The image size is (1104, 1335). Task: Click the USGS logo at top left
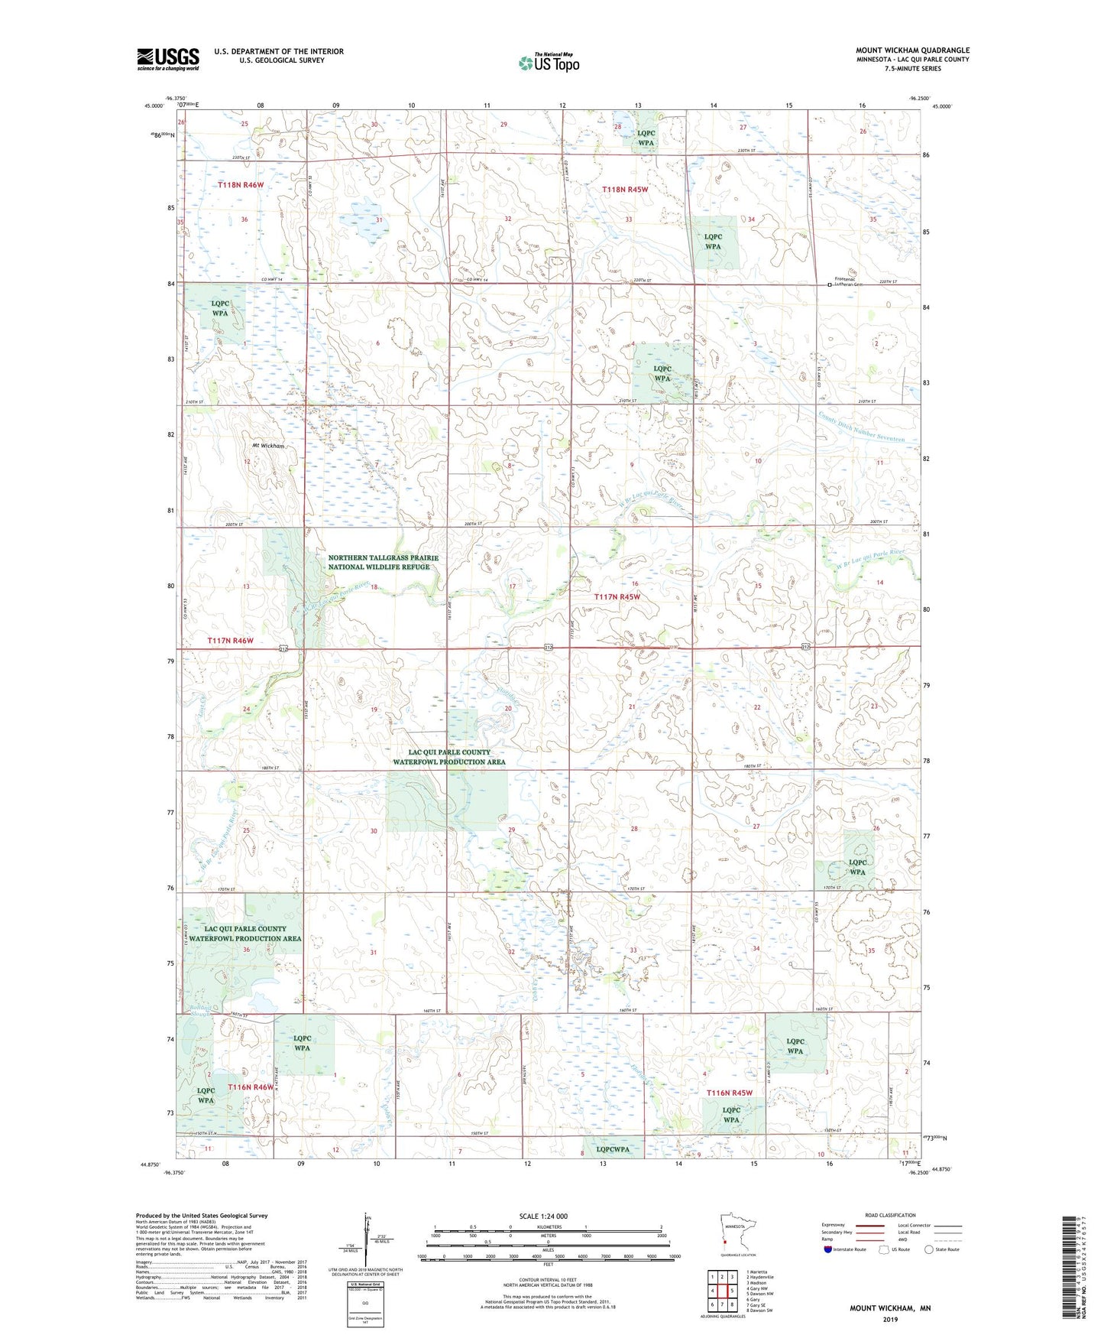[168, 58]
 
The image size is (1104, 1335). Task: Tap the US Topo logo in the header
[548, 63]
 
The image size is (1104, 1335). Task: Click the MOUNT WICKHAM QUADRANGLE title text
[912, 50]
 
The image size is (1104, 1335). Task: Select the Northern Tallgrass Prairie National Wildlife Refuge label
[383, 563]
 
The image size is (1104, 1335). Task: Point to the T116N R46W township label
[249, 1087]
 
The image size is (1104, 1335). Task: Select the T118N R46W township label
[240, 185]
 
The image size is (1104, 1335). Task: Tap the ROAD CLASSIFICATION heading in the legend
[890, 1215]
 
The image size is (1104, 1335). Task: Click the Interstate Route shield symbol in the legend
[828, 1249]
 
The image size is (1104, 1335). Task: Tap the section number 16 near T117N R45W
[634, 583]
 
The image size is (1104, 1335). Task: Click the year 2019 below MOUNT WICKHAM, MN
[890, 1320]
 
